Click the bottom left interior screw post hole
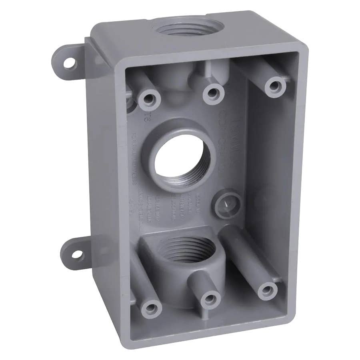click(x=151, y=308)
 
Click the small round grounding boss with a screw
click(x=226, y=204)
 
